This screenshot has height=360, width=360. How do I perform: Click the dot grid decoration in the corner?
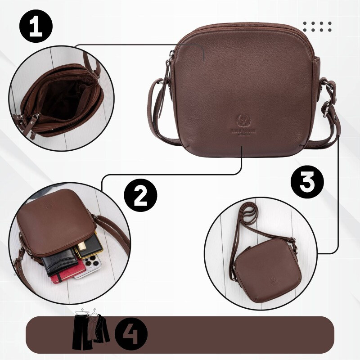click(x=317, y=26)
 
